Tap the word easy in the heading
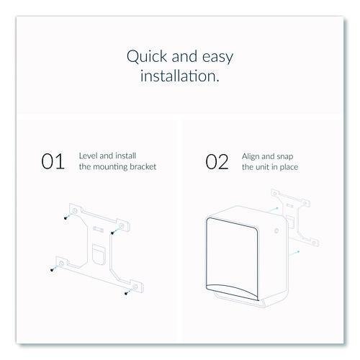tap(217, 58)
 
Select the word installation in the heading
tap(180, 76)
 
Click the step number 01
tap(53, 161)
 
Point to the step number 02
tap(217, 162)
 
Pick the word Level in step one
tap(89, 156)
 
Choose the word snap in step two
tap(285, 157)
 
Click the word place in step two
tap(289, 167)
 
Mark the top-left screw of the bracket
tap(66, 218)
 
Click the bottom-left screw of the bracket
tap(52, 270)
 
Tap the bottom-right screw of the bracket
tap(126, 293)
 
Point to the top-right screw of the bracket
tap(112, 233)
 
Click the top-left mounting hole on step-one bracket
tap(75, 211)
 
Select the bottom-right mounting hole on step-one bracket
tap(135, 287)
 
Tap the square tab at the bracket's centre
tap(99, 254)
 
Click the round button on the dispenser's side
tap(276, 231)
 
